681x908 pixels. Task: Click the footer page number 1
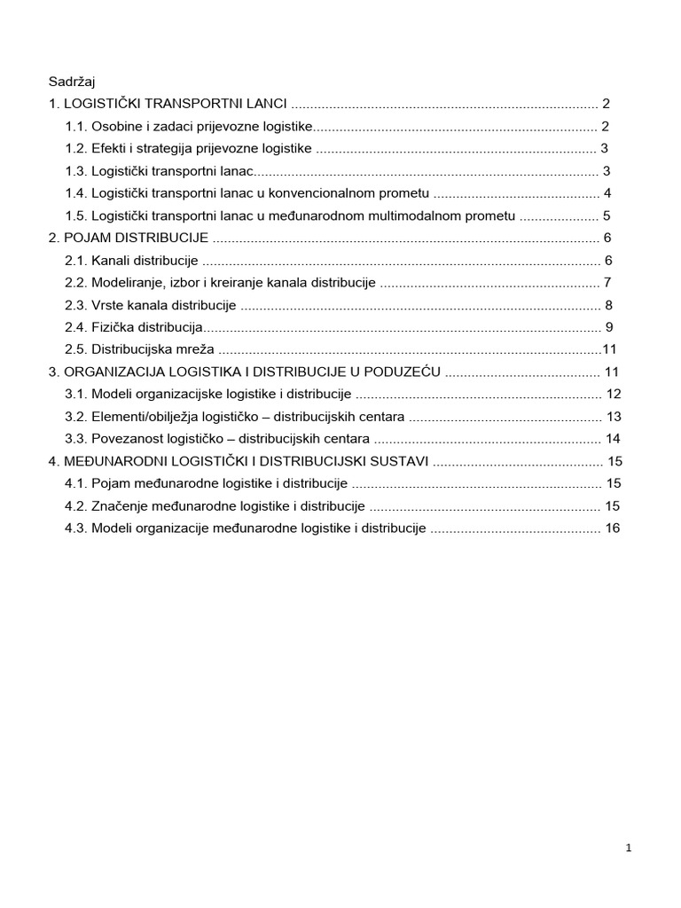629,849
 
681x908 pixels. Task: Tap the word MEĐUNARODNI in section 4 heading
107,461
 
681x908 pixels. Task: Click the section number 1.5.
76,215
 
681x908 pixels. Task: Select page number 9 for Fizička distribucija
609,327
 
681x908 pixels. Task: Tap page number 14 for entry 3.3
613,439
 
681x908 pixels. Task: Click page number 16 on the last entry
613,528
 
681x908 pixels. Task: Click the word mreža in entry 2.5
194,349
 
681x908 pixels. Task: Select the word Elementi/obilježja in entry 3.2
145,417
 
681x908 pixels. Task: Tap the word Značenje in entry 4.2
120,506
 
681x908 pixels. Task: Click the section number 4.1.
76,483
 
